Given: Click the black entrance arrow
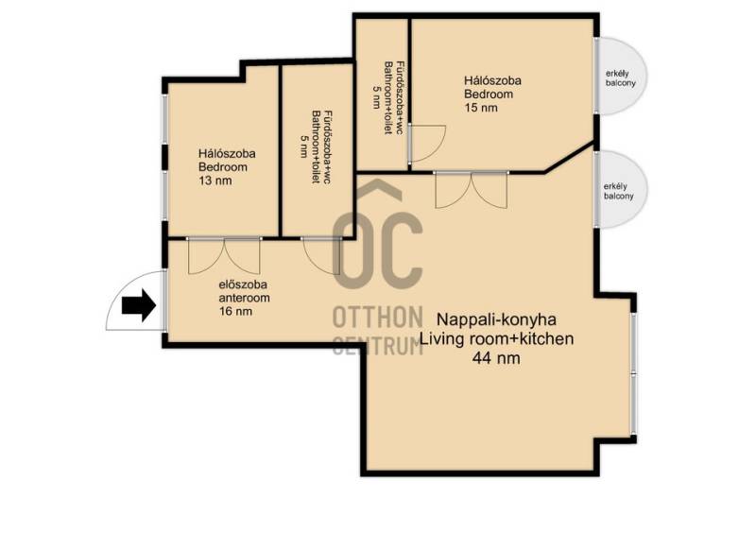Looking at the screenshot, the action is click(139, 305).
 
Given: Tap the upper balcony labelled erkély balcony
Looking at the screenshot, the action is click(622, 77).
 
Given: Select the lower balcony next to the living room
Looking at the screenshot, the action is click(622, 189).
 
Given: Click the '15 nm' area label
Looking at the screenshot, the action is click(481, 108).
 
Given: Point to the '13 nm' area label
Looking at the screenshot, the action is click(215, 181).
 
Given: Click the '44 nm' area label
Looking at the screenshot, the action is click(497, 358).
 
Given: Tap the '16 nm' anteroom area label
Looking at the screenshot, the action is click(235, 311).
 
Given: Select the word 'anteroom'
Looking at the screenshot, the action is click(244, 298).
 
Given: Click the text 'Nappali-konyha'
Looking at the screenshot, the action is click(497, 319).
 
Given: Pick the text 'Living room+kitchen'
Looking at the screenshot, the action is click(497, 338).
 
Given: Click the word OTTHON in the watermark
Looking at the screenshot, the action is click(377, 318).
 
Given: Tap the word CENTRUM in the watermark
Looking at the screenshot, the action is click(377, 345).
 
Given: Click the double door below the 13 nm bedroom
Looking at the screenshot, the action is click(224, 256).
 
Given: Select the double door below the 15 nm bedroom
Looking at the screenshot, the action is click(471, 190).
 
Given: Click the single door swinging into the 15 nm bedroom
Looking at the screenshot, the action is click(427, 144).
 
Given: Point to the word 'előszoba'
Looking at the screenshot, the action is click(243, 284).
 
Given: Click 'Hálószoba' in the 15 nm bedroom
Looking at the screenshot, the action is click(492, 80).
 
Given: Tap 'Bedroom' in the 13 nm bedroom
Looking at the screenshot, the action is click(223, 167).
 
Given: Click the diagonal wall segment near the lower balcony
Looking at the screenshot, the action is click(570, 157).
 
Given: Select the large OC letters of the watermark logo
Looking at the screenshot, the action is click(377, 250).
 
